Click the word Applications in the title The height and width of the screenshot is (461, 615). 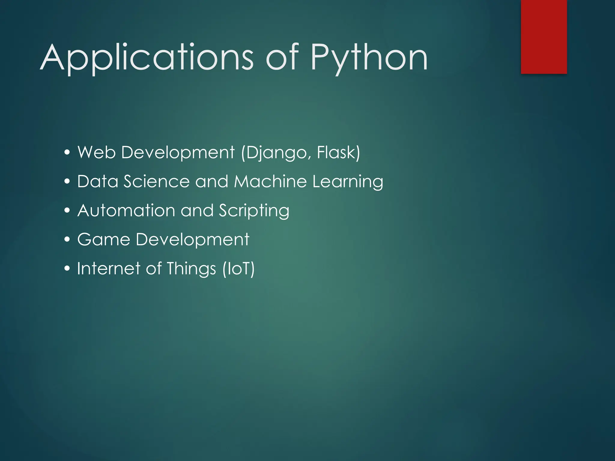[x=147, y=58]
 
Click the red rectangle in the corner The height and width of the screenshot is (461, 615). [x=544, y=37]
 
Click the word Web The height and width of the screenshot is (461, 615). [x=96, y=152]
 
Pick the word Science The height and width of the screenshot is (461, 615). [x=156, y=182]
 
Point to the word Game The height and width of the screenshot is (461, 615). [x=104, y=240]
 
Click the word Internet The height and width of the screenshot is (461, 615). [x=109, y=268]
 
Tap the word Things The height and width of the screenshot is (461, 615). [x=191, y=269]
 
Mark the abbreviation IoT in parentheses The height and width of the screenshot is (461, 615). [x=238, y=269]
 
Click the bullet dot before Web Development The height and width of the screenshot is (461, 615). [x=67, y=152]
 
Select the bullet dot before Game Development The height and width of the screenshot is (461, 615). [x=67, y=240]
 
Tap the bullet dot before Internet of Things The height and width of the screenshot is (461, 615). [x=67, y=269]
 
